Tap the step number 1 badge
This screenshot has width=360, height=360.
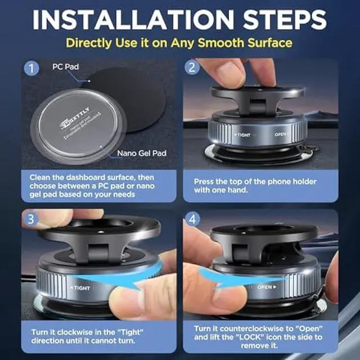(x=31, y=70)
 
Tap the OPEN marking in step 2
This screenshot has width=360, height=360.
(x=281, y=135)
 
